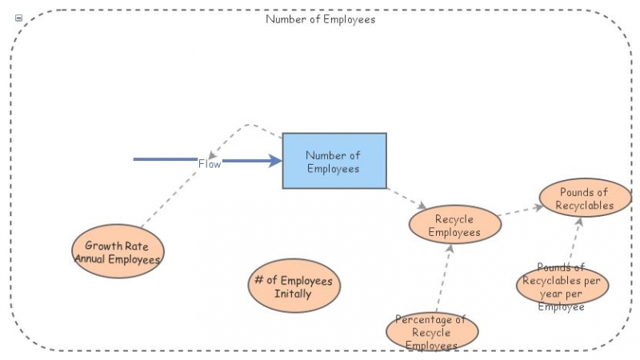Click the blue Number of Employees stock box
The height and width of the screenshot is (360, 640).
(334, 161)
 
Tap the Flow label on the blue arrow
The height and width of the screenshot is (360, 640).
(210, 163)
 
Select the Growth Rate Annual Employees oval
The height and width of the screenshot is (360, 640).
(118, 252)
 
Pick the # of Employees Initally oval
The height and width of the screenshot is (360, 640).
(294, 287)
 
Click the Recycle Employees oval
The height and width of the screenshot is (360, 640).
(454, 225)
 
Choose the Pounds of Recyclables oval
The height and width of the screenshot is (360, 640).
(585, 198)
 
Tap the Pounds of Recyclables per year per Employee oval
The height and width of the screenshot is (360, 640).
(562, 286)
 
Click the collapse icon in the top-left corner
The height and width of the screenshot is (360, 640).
(19, 18)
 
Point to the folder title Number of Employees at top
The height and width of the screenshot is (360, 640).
(320, 19)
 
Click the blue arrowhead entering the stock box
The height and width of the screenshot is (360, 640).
(275, 161)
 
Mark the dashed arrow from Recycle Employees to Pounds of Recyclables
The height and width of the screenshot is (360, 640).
(520, 210)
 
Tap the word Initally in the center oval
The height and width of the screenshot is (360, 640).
(294, 294)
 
